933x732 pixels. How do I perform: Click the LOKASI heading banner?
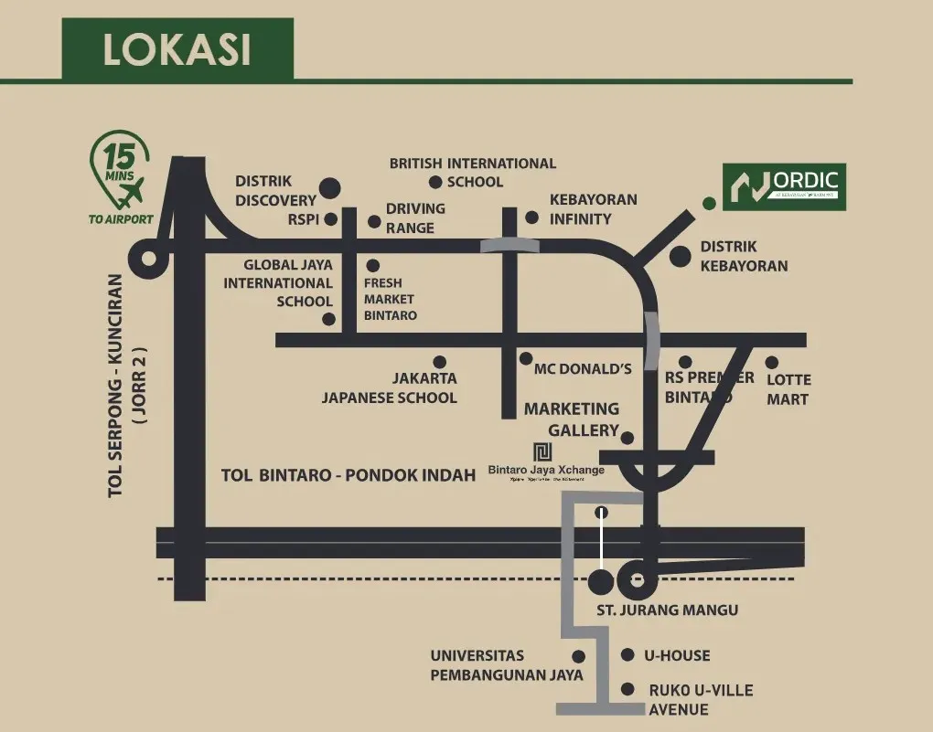point(177,49)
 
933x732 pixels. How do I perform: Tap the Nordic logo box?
point(785,186)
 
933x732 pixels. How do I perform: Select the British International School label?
point(473,172)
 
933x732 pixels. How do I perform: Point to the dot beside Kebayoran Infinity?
point(532,217)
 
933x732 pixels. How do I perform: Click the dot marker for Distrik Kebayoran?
point(680,257)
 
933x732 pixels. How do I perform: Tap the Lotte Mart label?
point(788,389)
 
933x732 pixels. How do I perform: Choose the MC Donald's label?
point(584,369)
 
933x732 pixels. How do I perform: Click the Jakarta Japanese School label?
point(390,387)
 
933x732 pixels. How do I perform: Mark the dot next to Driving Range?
point(374,221)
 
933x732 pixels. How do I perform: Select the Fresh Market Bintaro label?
point(390,299)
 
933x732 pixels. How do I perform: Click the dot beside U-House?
point(627,655)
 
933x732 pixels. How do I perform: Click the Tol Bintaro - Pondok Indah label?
point(349,475)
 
